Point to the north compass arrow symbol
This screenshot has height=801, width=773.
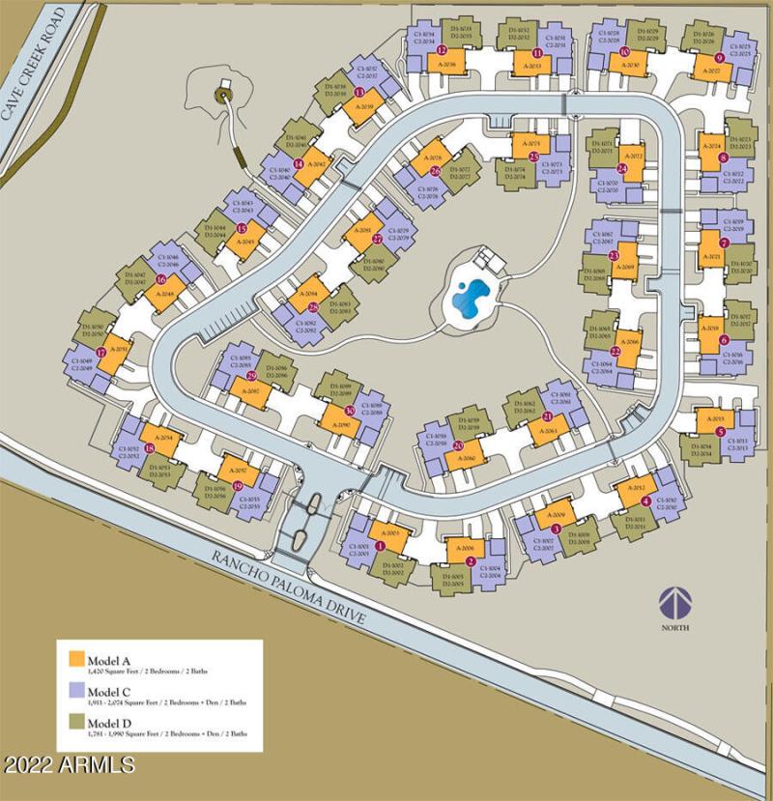pos(676,601)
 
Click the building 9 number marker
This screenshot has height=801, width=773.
pos(720,58)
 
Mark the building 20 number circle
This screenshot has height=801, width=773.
pos(459,446)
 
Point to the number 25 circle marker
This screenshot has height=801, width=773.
pos(534,157)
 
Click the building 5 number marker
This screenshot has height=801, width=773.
pos(720,432)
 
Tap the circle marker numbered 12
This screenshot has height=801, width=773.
pos(442,49)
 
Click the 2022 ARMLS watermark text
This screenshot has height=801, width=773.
pos(69,765)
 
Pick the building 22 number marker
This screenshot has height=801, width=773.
pos(616,352)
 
